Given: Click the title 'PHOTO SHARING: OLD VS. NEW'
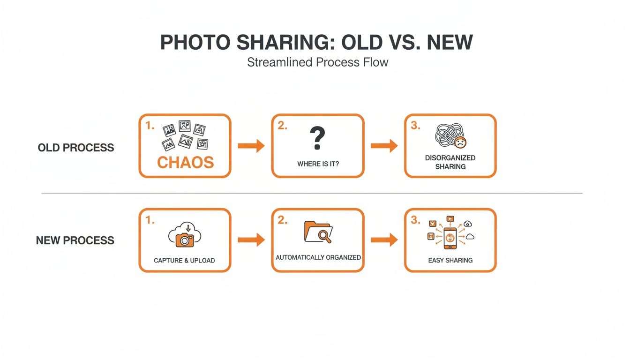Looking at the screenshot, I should point(316,43).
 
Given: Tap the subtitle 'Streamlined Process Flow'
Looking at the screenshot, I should point(317,62).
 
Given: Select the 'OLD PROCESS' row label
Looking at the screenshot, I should point(76,148).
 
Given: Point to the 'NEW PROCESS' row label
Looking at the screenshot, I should point(75,240).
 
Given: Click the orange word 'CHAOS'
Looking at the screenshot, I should point(185,162).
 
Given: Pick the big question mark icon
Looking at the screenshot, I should point(317,139).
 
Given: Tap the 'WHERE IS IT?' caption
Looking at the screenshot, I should point(318,165).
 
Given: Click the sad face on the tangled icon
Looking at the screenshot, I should point(461,142).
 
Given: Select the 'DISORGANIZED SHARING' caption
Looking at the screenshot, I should point(450,162).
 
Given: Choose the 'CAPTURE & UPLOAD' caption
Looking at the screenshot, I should point(184,260).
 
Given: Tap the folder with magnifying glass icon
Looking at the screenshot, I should point(318,232).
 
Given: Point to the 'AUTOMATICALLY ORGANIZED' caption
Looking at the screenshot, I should point(318,257).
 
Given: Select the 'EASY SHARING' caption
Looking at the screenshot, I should point(450,260).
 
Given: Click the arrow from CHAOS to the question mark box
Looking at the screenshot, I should point(251,146).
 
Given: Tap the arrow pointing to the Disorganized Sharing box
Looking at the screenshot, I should point(384,146).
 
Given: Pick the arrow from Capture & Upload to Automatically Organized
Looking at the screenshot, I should point(251,240).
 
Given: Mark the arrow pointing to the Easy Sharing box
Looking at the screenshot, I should point(384,240).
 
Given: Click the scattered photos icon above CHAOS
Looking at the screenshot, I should point(185,135).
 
